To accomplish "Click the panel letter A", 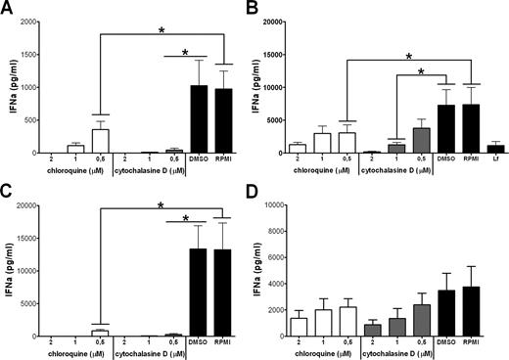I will pos(8,8).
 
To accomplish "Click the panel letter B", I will pos(265,8).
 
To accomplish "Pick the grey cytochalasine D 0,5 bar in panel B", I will pos(422,140).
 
